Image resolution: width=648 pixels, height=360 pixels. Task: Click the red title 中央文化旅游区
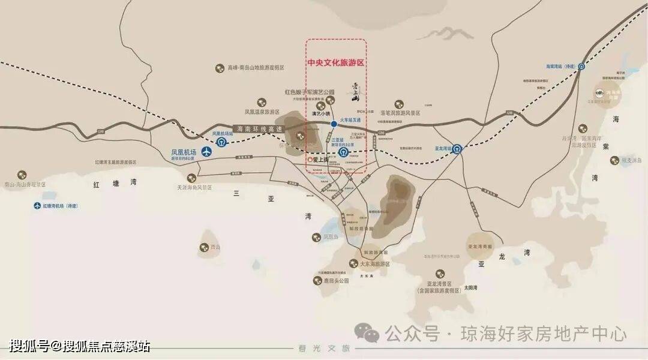coord(336,62)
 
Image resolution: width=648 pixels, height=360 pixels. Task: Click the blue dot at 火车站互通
coord(334,124)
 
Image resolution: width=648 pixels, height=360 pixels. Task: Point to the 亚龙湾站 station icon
coord(457,148)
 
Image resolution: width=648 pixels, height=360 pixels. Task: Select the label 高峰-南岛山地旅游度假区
coord(256,68)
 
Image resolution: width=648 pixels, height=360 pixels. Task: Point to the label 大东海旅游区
coord(375,264)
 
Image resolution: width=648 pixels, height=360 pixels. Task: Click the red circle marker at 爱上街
coord(310,160)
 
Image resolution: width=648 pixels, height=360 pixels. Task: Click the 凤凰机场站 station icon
coord(221,142)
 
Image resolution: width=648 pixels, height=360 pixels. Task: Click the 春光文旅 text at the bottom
coord(323,349)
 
